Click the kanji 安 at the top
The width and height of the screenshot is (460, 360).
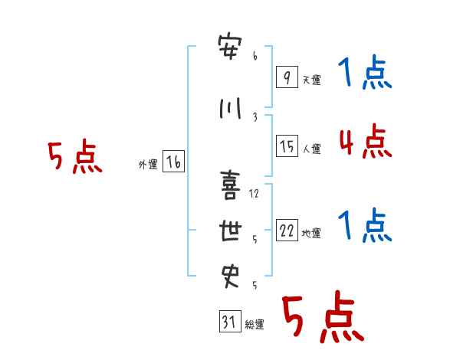tap(230, 47)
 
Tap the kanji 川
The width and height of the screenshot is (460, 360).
tap(230, 108)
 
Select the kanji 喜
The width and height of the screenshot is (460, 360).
tap(230, 185)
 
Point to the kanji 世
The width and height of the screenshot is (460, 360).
tap(230, 231)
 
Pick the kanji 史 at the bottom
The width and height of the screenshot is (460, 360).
tap(230, 277)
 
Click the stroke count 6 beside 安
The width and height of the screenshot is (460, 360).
tap(255, 56)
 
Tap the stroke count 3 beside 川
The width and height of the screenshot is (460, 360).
tap(255, 117)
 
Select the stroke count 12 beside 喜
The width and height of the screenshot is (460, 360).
tap(254, 194)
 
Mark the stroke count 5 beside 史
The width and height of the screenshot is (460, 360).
tap(255, 285)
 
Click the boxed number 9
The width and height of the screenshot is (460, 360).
tap(287, 77)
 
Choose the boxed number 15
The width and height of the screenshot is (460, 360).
tap(287, 146)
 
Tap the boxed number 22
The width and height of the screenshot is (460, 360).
tap(287, 230)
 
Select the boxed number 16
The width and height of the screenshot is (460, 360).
tap(173, 162)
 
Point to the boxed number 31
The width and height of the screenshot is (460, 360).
tap(230, 321)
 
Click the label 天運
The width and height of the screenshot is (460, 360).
tap(312, 80)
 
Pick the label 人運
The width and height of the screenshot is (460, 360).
tap(312, 149)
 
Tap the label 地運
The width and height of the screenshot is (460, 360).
tap(311, 234)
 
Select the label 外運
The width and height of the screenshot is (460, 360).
tap(148, 165)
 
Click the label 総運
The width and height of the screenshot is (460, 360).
tap(255, 324)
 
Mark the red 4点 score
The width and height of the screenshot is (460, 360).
tap(366, 141)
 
